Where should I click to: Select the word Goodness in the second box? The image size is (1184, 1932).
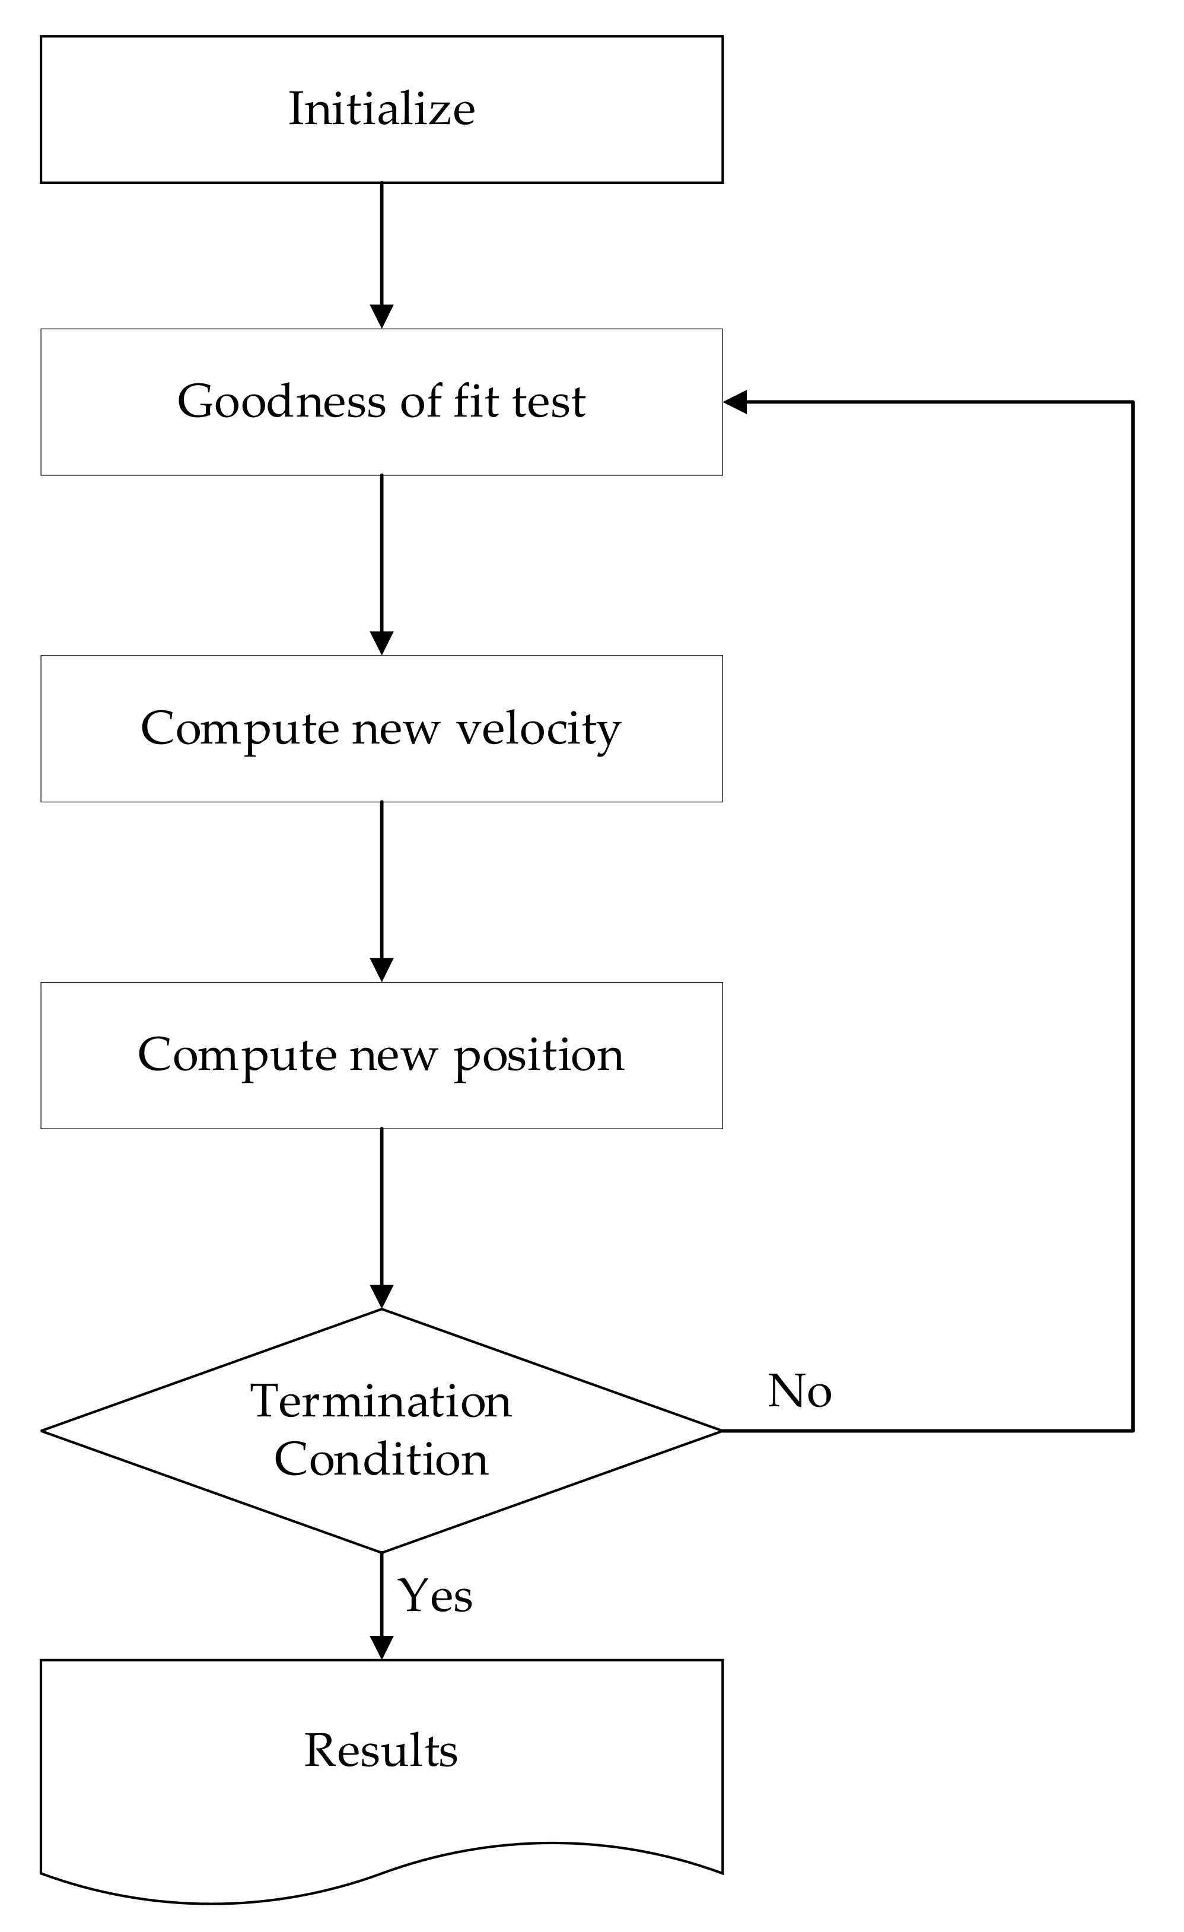[x=283, y=402]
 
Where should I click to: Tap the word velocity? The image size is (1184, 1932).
[x=539, y=729]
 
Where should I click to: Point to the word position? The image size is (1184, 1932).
[x=539, y=1056]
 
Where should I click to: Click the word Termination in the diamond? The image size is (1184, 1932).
[x=381, y=1400]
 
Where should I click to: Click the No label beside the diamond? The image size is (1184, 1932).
[x=799, y=1391]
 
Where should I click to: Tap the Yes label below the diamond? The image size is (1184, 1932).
[x=435, y=1595]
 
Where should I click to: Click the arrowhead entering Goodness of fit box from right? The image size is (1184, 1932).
[x=735, y=402]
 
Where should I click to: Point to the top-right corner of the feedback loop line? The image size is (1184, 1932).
[x=1132, y=402]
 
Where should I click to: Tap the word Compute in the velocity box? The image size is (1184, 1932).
[x=239, y=729]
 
